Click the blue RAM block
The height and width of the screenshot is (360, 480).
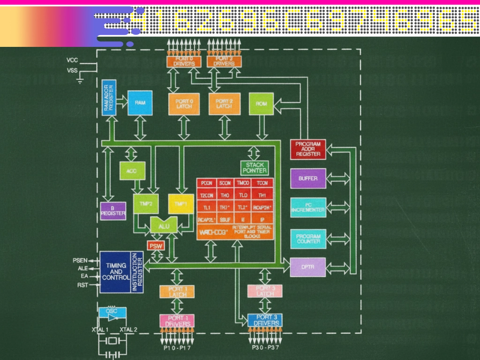point(140,103)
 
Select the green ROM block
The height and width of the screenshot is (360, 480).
point(262,104)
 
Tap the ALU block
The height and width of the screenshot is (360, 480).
point(164,225)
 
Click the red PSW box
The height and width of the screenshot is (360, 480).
point(156,246)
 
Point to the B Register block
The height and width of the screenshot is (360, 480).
point(113,211)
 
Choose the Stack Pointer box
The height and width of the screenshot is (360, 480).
point(255,167)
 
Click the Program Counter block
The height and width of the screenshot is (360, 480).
point(308,239)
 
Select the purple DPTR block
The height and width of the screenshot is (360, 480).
point(308,267)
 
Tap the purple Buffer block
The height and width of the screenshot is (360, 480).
point(308,179)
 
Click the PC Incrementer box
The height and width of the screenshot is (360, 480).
point(308,208)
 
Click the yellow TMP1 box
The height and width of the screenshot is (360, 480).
point(181,204)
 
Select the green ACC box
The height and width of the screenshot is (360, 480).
point(132,171)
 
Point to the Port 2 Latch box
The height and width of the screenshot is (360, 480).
point(224,104)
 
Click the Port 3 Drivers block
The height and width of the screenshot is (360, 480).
point(265,321)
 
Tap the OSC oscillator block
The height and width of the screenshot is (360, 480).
point(112,314)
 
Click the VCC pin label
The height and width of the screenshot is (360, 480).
point(72,60)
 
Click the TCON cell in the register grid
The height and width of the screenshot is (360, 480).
point(262,183)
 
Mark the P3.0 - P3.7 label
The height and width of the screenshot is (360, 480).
point(265,348)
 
